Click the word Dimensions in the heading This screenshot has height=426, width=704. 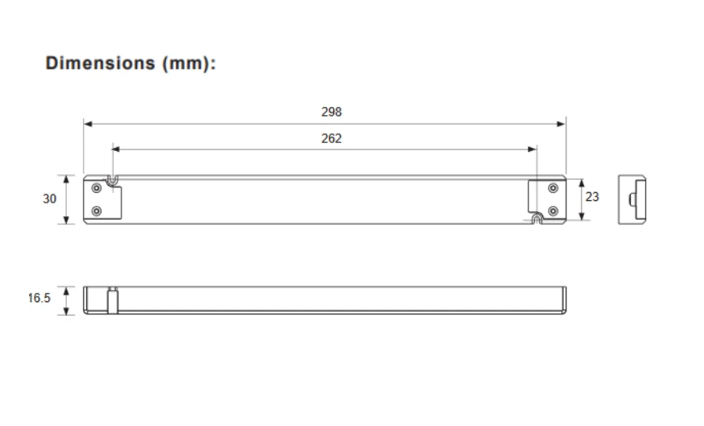point(100,63)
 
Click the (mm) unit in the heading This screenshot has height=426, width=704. point(186,63)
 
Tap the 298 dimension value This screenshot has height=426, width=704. point(331,112)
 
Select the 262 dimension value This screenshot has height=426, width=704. point(331,138)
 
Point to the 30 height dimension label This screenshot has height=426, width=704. point(49,199)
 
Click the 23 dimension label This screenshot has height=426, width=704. point(592,196)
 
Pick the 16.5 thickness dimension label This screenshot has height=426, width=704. point(39,297)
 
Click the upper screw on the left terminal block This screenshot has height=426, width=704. point(97,188)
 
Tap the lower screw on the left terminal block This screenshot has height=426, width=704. point(97,211)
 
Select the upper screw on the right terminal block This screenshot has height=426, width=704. point(554,188)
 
